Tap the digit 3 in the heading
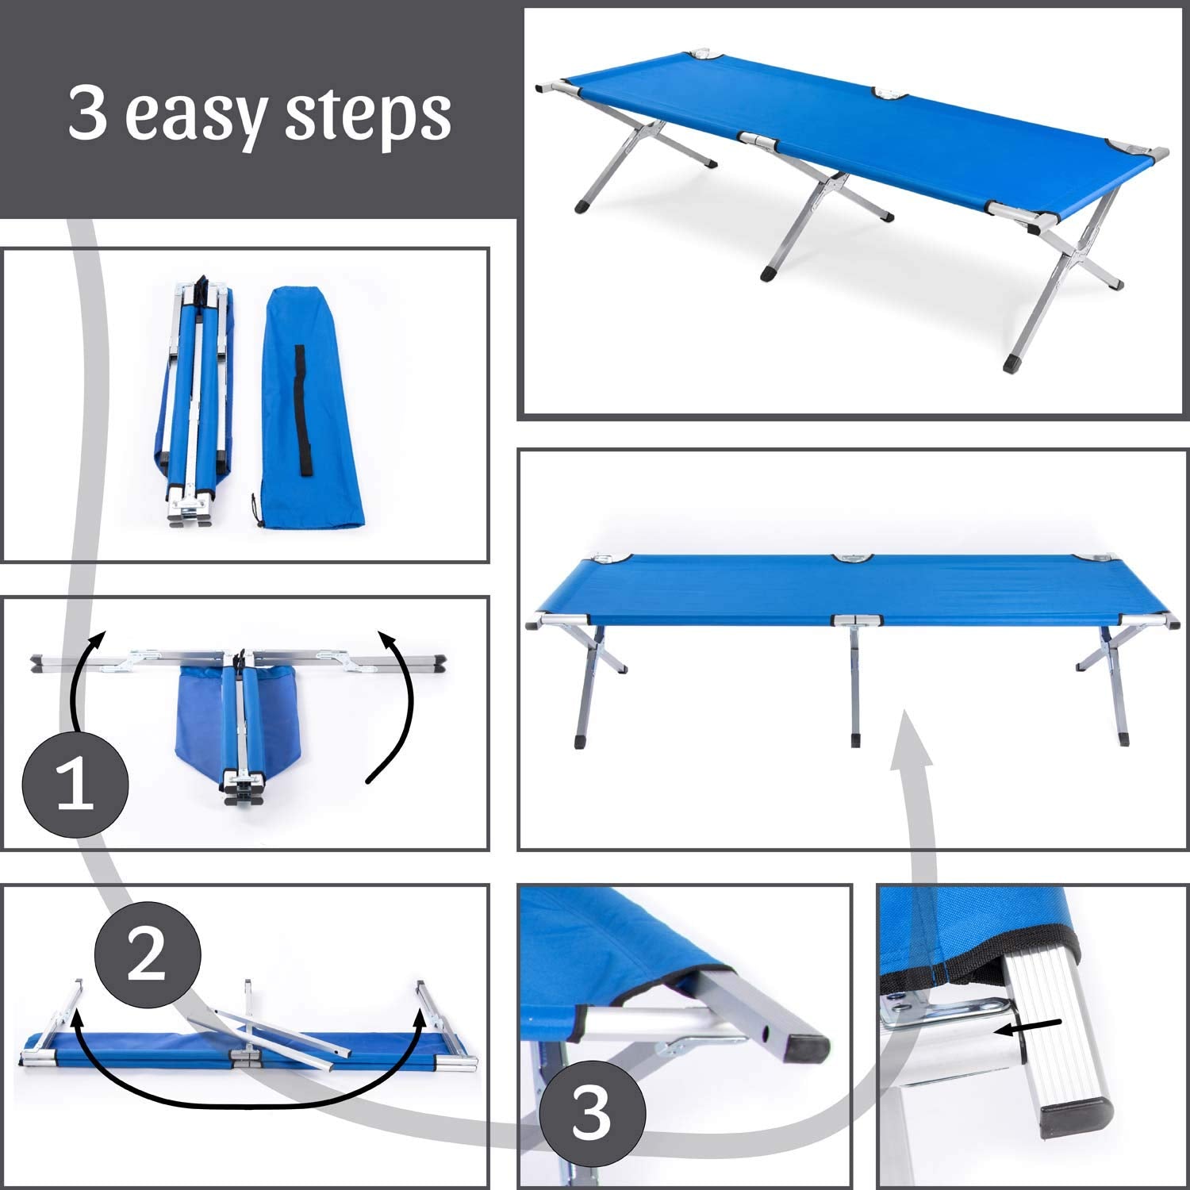pyautogui.click(x=88, y=113)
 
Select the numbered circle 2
pyautogui.click(x=148, y=955)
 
